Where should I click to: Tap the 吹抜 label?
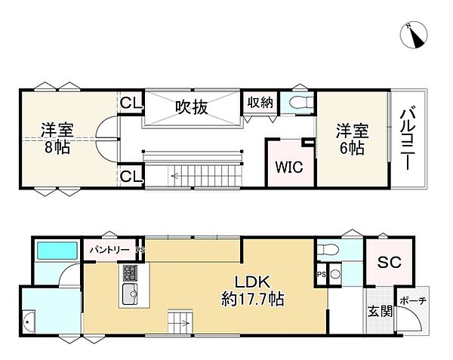pyautogui.click(x=192, y=107)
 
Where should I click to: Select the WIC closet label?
pyautogui.click(x=289, y=167)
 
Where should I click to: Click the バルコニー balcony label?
pyautogui.click(x=408, y=141)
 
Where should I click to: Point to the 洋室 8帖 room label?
pyautogui.click(x=57, y=138)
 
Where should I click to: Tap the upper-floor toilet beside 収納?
pyautogui.click(x=299, y=103)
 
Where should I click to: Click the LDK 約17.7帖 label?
pyautogui.click(x=253, y=288)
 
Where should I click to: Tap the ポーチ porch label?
pyautogui.click(x=412, y=300)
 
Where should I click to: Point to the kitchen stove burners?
pyautogui.click(x=129, y=272)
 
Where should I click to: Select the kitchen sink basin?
pyautogui.click(x=129, y=294)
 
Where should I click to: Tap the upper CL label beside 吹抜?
pyautogui.click(x=131, y=103)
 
